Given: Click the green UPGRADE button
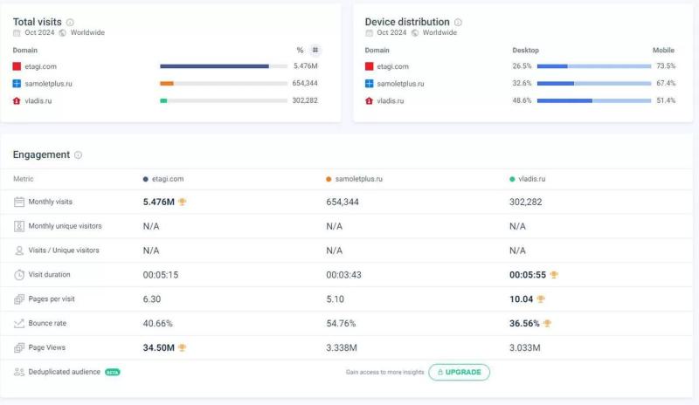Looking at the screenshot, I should click(x=459, y=372).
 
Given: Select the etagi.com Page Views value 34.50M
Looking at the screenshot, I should click(x=159, y=347).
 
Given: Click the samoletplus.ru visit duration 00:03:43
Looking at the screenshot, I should click(x=344, y=274).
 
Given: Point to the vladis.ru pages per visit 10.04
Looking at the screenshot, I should click(x=522, y=299).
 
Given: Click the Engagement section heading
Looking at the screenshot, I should click(x=41, y=154).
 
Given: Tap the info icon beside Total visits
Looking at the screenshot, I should click(x=71, y=23).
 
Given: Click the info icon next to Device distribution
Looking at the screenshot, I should click(x=458, y=23).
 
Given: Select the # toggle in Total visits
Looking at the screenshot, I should click(x=315, y=50).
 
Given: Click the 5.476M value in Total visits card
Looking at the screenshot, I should click(x=305, y=66).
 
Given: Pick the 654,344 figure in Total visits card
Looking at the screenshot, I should click(x=304, y=83).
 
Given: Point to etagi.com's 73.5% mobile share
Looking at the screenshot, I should click(x=666, y=66).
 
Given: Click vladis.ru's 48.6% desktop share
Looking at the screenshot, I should click(x=522, y=100).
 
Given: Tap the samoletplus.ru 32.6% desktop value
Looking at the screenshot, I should click(x=522, y=84).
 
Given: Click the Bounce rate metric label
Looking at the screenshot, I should click(x=49, y=323).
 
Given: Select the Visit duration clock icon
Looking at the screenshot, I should click(x=19, y=274).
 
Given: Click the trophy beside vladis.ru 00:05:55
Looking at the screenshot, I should click(x=554, y=274).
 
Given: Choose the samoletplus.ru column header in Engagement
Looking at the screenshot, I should click(x=357, y=179).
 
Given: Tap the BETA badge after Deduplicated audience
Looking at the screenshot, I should click(x=113, y=372).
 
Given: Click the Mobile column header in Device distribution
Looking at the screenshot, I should click(x=663, y=50).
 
